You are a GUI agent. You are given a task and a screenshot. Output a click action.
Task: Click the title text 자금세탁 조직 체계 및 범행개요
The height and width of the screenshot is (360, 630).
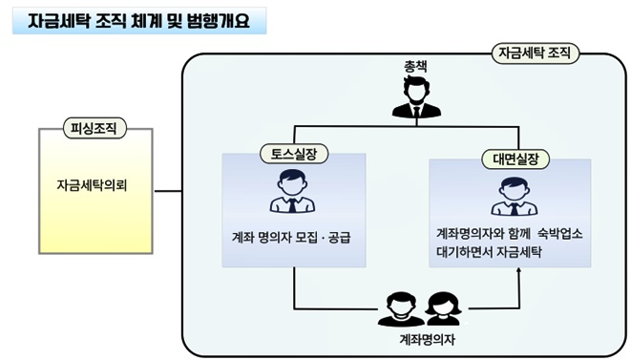pyautogui.click(x=138, y=20)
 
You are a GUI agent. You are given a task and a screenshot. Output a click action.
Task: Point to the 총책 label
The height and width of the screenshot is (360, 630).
pyautogui.click(x=416, y=67)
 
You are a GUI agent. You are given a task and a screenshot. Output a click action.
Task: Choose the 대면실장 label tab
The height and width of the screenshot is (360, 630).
pyautogui.click(x=509, y=159)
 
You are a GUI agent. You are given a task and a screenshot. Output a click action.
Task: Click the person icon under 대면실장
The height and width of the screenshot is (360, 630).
pyautogui.click(x=509, y=196)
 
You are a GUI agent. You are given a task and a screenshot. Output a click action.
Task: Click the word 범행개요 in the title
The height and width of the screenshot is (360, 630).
pyautogui.click(x=222, y=20)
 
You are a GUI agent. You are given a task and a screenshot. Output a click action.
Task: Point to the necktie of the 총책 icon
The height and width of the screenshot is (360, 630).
pyautogui.click(x=416, y=108)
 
